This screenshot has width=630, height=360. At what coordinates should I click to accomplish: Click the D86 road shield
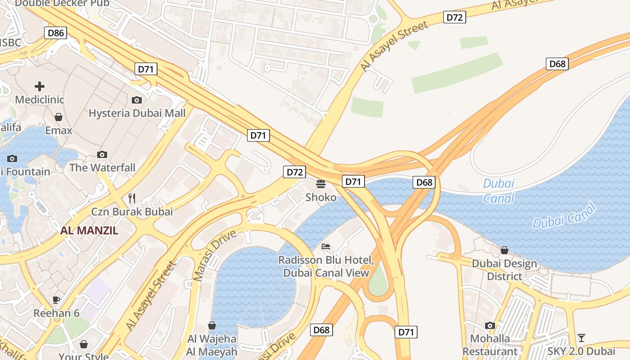(56, 32)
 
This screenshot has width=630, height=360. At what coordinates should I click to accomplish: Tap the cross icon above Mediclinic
(40, 86)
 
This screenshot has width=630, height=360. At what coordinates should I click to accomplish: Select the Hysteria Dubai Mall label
(137, 113)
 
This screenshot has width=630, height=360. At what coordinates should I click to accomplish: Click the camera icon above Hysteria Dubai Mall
(137, 100)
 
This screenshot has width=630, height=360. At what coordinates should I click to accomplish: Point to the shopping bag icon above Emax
(58, 117)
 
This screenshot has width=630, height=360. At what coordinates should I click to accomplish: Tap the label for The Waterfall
(102, 168)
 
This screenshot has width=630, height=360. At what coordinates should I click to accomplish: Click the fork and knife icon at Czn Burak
(132, 198)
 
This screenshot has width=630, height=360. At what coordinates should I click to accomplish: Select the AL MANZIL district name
(89, 231)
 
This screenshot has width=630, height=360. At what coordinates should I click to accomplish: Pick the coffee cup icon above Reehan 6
(56, 300)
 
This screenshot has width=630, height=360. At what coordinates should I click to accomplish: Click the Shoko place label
(321, 197)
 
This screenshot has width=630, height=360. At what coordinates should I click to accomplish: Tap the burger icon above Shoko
(321, 184)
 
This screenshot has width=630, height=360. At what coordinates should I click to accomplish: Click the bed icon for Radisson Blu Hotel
(326, 247)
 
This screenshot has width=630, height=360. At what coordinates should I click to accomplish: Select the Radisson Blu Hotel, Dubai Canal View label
(326, 266)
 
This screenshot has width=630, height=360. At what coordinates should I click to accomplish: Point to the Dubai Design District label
(504, 270)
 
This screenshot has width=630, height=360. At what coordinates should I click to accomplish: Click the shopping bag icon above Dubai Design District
(504, 250)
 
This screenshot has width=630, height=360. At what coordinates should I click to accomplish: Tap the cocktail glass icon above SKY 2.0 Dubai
(581, 337)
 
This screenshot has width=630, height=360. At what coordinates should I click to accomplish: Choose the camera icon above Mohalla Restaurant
(490, 325)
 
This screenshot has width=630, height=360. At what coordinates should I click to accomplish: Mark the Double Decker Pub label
(62, 4)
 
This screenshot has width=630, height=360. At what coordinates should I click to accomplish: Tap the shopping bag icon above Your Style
(84, 345)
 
